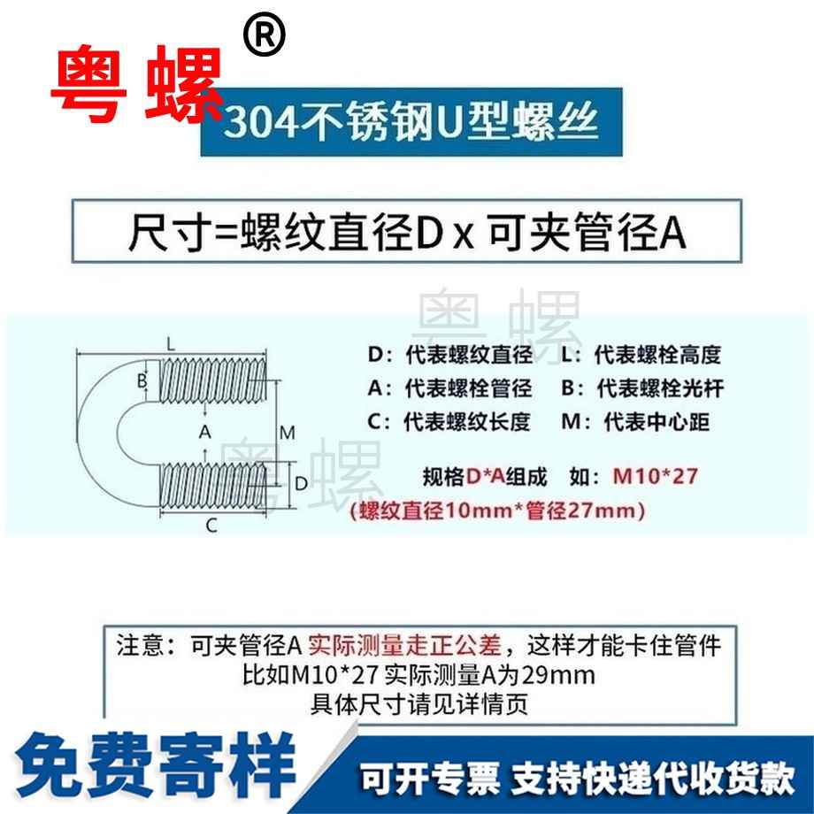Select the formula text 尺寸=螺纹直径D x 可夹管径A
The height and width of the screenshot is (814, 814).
pos(408,234)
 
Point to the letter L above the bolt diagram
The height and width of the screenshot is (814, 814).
pos(171,342)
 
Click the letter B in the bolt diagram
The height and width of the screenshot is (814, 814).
pos(141,381)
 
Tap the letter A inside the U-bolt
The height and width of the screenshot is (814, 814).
pos(205,432)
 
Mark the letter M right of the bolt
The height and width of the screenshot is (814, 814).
pos(286,433)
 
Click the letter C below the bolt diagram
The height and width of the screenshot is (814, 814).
pos(211,526)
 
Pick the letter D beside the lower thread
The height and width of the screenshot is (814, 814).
pos(300,483)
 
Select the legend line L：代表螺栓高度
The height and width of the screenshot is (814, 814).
pos(641,356)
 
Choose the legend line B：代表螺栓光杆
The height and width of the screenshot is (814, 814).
pos(641,388)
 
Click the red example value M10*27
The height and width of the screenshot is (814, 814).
pos(656,477)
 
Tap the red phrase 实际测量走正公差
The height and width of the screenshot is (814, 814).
pos(411,645)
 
